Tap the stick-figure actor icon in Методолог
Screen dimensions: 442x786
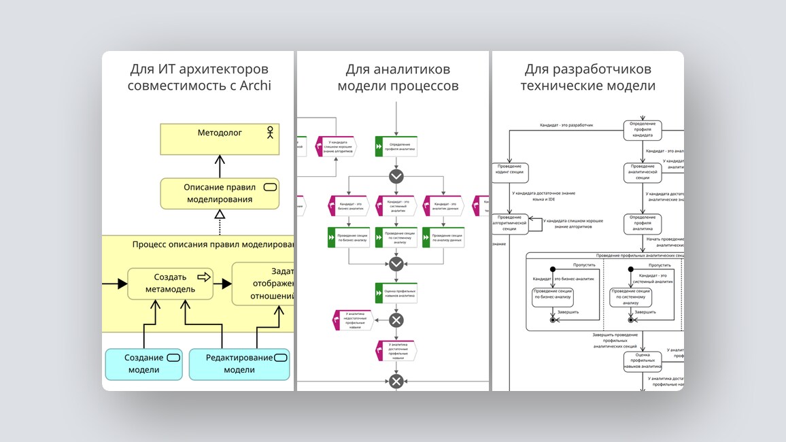pos(269,133)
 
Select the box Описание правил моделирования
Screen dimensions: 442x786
pos(220,193)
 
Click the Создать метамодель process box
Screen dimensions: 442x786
pos(170,283)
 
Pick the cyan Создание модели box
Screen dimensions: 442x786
pos(143,364)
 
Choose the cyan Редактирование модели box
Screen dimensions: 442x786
pos(239,364)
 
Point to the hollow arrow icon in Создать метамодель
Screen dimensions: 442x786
pos(203,277)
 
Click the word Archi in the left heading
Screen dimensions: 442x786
pos(254,86)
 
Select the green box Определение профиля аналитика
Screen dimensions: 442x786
pos(396,146)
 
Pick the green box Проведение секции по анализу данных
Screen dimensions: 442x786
pos(443,237)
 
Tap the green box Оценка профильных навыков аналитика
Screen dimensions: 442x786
pos(396,293)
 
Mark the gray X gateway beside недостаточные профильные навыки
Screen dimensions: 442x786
pos(396,320)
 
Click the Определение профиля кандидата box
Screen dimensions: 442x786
pos(643,131)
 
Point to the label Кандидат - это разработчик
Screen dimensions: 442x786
pos(566,126)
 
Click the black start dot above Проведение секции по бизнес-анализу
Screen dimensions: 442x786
pos(553,268)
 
